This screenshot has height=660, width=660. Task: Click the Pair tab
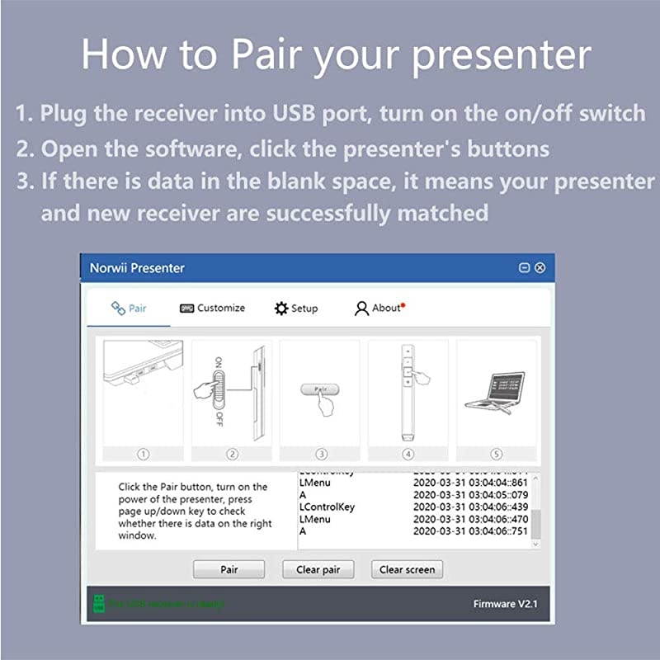pyautogui.click(x=129, y=308)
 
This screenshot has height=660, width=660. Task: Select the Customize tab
pyautogui.click(x=212, y=308)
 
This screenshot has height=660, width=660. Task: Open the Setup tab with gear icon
pyautogui.click(x=295, y=308)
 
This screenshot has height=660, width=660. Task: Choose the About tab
pyautogui.click(x=379, y=308)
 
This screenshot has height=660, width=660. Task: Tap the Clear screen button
pyautogui.click(x=408, y=569)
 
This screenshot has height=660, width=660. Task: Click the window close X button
pyautogui.click(x=540, y=268)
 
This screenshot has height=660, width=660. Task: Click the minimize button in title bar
pyautogui.click(x=524, y=268)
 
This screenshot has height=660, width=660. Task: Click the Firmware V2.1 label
pyautogui.click(x=506, y=604)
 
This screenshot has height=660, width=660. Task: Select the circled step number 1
pyautogui.click(x=143, y=454)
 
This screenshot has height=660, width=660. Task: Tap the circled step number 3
pyautogui.click(x=321, y=454)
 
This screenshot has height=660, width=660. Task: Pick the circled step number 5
pyautogui.click(x=496, y=454)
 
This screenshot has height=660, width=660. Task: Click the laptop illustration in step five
pyautogui.click(x=495, y=392)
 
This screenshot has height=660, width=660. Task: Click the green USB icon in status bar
pyautogui.click(x=98, y=604)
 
